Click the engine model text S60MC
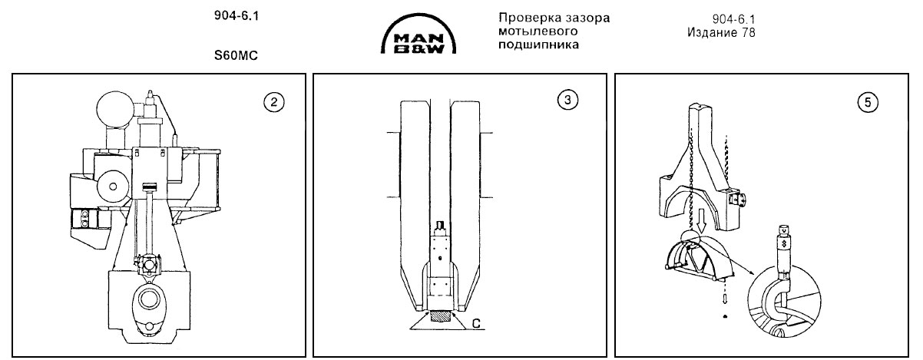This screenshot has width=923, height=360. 235,55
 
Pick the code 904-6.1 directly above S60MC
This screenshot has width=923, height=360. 235,16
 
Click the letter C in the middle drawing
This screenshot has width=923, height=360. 477,324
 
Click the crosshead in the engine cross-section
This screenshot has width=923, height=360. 148,267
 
